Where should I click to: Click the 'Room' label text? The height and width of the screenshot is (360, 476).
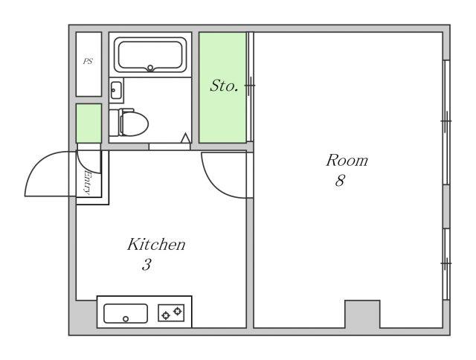tap(347, 160)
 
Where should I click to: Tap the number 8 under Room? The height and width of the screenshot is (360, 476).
tap(340, 180)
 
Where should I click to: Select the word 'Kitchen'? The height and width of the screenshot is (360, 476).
tap(156, 245)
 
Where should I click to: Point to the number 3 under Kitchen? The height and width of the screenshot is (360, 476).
tap(147, 264)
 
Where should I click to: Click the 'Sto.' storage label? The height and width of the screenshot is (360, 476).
tap(224, 86)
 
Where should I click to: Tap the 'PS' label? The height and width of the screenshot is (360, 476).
tap(88, 61)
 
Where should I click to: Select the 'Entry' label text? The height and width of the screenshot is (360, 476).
tap(88, 183)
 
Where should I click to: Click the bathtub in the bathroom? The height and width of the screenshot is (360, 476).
tap(150, 55)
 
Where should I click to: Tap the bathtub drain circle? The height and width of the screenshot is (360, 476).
tap(150, 68)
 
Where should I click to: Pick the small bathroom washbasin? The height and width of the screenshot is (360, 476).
tap(116, 90)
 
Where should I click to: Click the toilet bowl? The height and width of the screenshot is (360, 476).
tap(133, 123)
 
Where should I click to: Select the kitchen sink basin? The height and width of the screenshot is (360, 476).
tap(126, 314)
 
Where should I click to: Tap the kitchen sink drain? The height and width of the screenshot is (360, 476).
tap(126, 318)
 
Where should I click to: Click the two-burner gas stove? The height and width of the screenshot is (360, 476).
tap(171, 313)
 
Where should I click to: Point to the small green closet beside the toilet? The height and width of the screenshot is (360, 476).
tap(89, 123)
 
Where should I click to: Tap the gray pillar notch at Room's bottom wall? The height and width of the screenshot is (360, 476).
tap(362, 314)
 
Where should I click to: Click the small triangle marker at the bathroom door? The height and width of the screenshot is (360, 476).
tap(185, 138)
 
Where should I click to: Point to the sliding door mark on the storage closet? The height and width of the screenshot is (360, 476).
tap(250, 86)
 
